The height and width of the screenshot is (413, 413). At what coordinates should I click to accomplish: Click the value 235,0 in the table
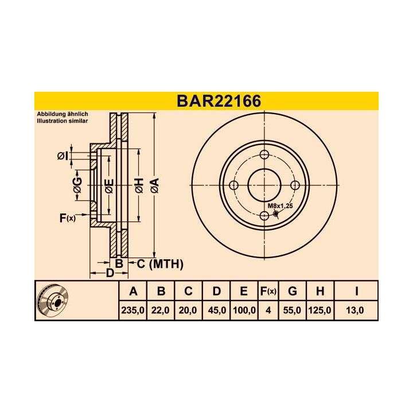(x=133, y=310)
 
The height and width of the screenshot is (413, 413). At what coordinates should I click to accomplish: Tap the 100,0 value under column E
(x=244, y=310)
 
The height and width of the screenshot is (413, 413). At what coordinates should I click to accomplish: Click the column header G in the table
(x=292, y=291)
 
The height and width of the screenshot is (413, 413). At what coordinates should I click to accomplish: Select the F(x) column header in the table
(x=268, y=291)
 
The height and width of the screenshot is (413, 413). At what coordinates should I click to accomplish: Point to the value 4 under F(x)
(x=268, y=310)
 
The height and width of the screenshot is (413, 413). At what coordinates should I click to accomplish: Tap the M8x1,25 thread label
(x=280, y=206)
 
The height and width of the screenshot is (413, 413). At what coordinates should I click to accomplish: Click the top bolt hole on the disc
(x=264, y=154)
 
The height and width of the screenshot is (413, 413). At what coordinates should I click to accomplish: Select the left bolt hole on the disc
(x=233, y=185)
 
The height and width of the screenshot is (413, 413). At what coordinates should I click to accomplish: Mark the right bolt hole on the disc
(x=295, y=185)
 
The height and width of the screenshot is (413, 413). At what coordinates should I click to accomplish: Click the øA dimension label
(x=154, y=185)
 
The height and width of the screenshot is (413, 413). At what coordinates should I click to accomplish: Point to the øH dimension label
(x=138, y=185)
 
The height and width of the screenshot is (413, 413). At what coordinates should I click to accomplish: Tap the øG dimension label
(x=77, y=185)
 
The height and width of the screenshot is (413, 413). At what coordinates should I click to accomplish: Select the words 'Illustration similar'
(x=63, y=122)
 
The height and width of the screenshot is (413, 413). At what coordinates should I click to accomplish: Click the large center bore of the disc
(x=264, y=185)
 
